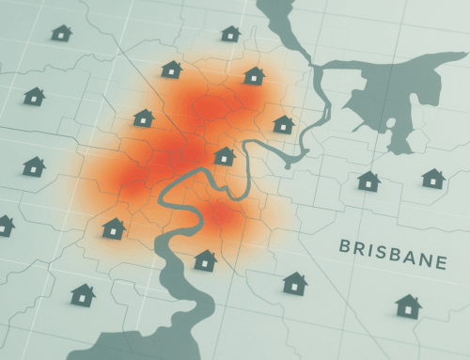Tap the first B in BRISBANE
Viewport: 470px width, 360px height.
(x=344, y=248)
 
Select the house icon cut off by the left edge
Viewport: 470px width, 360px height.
(x=5, y=225)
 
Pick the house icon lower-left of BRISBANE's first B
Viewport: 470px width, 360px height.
(x=295, y=282)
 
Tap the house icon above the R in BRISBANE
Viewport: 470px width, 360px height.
(x=368, y=180)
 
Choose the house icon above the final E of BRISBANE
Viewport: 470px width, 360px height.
(x=432, y=178)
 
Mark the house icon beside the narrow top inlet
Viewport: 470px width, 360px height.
(x=230, y=34)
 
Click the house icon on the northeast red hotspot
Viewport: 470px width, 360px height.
(x=253, y=75)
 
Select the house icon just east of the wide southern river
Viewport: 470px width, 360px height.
(x=205, y=259)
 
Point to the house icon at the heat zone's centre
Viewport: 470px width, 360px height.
(x=224, y=156)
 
